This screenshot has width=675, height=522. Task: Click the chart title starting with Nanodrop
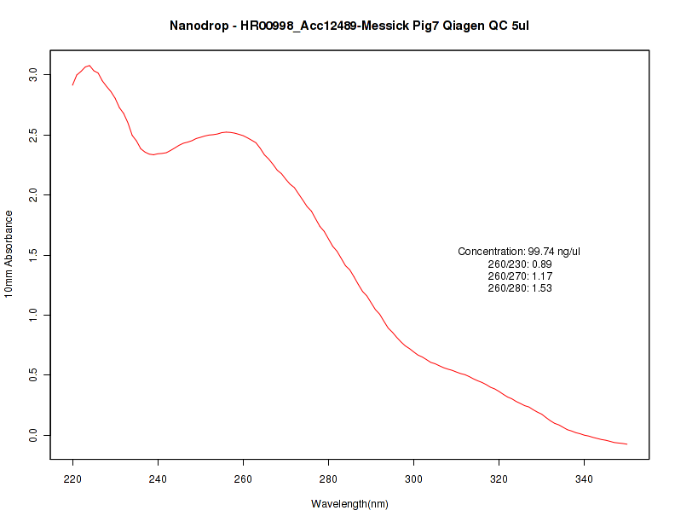pos(349,26)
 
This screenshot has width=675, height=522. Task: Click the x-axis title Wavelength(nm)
pos(349,504)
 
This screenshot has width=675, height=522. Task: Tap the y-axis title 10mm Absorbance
pos(9,253)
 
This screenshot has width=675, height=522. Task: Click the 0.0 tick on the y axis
pos(33,435)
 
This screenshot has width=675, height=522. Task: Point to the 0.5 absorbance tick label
pos(33,374)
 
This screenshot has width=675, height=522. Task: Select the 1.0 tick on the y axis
pos(33,315)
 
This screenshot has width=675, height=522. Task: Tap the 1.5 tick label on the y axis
pos(33,255)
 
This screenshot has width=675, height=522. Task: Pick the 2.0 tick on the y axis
pos(33,195)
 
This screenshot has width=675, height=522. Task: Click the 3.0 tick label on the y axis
pos(33,75)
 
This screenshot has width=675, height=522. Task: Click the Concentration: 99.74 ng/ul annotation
pos(519,252)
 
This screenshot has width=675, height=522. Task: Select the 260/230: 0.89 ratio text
pos(520,264)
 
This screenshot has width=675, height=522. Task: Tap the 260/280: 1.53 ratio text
pos(520,288)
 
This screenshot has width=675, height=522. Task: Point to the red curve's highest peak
pos(89,66)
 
